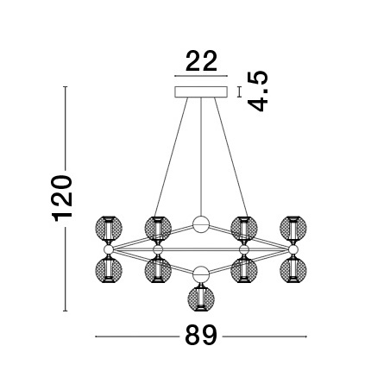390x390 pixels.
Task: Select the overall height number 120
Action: click(63, 201)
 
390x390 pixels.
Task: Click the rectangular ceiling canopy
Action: click(200, 91)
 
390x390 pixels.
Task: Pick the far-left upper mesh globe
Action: click(110, 229)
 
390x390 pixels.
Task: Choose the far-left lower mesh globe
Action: click(110, 271)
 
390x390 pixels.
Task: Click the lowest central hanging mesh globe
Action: click(201, 299)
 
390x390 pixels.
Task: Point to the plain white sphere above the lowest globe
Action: click(201, 274)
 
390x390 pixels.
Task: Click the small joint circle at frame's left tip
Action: click(109, 250)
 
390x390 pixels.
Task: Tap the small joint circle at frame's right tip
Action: click(293, 250)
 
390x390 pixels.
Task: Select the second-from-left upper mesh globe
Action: click(157, 229)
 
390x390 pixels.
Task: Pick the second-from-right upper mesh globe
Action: click(245, 229)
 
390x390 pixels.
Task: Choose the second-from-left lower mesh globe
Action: click(157, 271)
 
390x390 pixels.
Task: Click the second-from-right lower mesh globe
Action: click(245, 271)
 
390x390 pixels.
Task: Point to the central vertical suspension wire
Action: click(201, 155)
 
